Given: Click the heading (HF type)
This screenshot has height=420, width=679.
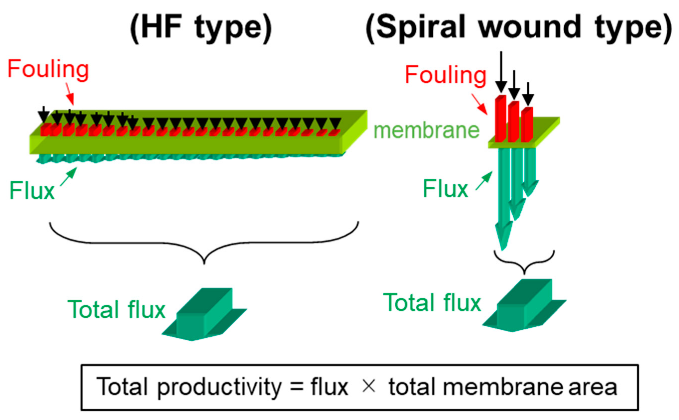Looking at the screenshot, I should coord(201,28).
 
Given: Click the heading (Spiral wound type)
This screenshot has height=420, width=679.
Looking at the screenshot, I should coord(518,28).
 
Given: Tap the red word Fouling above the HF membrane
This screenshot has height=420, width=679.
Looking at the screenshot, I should coord(48,69).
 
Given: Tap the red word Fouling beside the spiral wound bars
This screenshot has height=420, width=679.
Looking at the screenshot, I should coord(446,75).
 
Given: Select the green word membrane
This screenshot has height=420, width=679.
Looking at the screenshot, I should coord(426,131).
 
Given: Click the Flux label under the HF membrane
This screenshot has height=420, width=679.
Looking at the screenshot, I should coord(32,191).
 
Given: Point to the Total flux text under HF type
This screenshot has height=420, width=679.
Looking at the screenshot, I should coord(117,310).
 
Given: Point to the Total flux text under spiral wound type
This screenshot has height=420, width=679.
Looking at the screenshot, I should coord(432,303).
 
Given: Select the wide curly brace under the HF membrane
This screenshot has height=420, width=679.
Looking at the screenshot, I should coord(204,245).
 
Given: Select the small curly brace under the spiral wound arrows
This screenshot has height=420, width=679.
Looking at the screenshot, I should coord(524,261).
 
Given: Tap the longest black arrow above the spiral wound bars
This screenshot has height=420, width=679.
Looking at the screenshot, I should coord(501,72).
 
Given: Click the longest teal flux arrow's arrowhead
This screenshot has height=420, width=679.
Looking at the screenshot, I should coord(504,236).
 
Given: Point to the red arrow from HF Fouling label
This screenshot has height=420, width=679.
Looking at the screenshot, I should coord(70,94).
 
